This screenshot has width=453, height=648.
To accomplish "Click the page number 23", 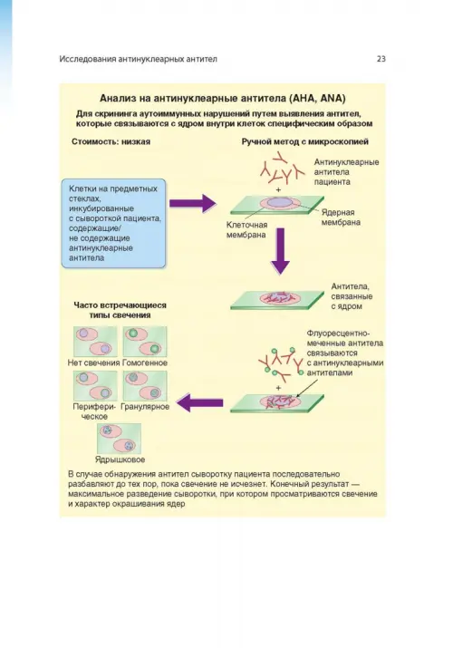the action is [381, 59].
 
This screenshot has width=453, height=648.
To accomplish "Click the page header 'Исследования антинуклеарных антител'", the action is [138, 59].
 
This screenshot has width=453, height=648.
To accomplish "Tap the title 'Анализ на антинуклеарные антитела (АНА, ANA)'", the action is [223, 99].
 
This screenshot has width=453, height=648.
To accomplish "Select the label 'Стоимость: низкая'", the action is [111, 141].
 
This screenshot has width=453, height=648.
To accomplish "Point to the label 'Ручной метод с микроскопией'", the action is [304, 141].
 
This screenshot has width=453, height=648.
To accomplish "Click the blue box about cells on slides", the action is [113, 223].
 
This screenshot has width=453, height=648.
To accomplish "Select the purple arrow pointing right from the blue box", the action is [192, 203].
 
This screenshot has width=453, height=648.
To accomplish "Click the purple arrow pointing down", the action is [280, 251].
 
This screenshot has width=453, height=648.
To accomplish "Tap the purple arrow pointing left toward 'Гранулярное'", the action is [200, 403].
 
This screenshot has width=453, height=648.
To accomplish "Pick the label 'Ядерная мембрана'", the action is [341, 218].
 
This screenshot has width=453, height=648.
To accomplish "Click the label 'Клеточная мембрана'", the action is [246, 230].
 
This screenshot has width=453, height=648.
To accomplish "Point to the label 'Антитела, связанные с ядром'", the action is [352, 296].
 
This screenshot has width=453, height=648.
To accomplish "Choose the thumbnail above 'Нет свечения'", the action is [95, 342].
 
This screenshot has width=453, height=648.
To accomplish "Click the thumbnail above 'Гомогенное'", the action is [145, 342].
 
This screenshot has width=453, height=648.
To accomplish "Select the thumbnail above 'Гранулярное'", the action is [145, 385].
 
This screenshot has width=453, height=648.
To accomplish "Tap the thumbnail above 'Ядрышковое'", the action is [119, 438].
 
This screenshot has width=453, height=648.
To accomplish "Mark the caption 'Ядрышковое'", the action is [120, 459].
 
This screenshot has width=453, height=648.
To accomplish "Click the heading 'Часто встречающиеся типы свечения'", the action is [120, 310].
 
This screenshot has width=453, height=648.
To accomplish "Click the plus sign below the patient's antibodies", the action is [278, 189].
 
